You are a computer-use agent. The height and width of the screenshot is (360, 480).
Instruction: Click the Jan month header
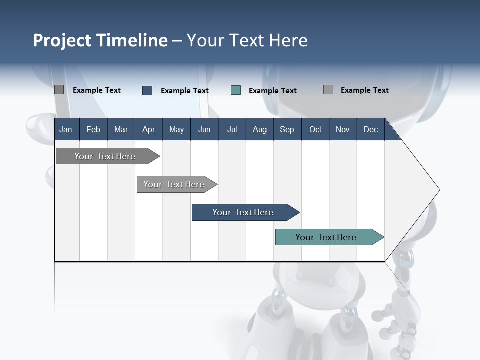[x=66, y=129]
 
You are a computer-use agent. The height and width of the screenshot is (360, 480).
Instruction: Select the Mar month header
[x=121, y=129]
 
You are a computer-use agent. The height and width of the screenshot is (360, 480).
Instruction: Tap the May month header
[x=176, y=129]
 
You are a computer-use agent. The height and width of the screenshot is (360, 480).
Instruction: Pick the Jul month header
[x=232, y=129]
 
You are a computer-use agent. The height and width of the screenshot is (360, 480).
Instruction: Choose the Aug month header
[x=259, y=129]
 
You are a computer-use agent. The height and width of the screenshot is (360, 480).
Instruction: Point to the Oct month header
[x=315, y=129]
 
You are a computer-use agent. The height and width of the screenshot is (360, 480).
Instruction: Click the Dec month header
[x=370, y=129]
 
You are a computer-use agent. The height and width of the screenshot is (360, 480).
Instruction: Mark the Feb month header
[x=93, y=129]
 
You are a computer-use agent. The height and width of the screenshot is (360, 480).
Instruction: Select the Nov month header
[x=343, y=129]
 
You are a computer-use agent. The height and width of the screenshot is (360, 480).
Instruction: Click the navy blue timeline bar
[x=243, y=212]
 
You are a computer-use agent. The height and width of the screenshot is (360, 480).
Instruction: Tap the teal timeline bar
[x=326, y=237]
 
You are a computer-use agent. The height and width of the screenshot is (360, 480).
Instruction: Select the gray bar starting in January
[x=105, y=156]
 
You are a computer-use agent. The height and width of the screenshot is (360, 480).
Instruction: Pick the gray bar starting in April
[x=174, y=184]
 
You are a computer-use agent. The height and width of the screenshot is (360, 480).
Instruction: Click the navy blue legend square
[x=147, y=90]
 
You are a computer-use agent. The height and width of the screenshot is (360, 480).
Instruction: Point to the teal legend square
[x=236, y=90]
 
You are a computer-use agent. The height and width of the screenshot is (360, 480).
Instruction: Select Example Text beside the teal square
[x=272, y=91]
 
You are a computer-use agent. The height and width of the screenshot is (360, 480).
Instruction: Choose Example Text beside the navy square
[x=184, y=91]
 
